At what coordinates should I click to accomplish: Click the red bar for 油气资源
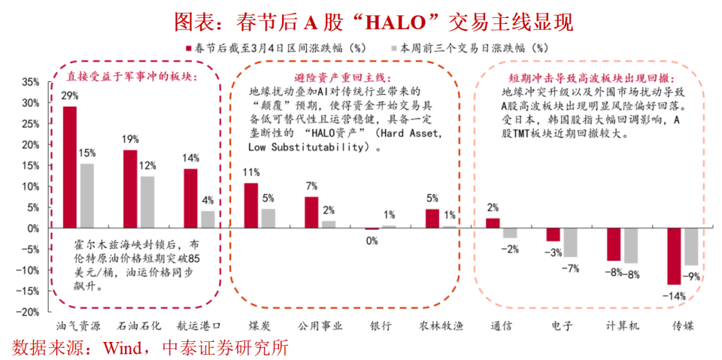click(69, 167)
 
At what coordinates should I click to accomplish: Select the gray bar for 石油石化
click(147, 202)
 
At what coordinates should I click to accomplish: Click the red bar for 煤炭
click(250, 205)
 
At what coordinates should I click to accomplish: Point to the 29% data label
click(70, 96)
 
